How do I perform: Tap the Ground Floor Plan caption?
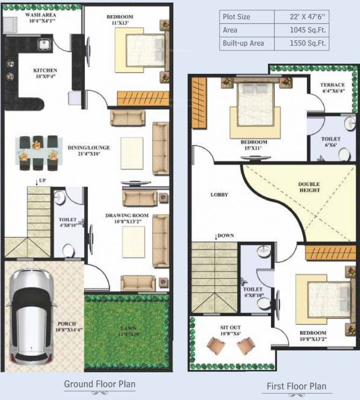click(x=99, y=385)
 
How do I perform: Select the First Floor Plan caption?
click(x=297, y=386)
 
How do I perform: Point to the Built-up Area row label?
click(x=243, y=44)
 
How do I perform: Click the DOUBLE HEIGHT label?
click(x=308, y=187)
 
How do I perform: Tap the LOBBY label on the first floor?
click(x=220, y=195)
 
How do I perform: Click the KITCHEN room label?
click(x=45, y=70)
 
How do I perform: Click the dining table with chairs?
click(x=37, y=153)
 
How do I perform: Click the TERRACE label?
click(x=332, y=85)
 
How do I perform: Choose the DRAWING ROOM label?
click(x=127, y=216)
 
